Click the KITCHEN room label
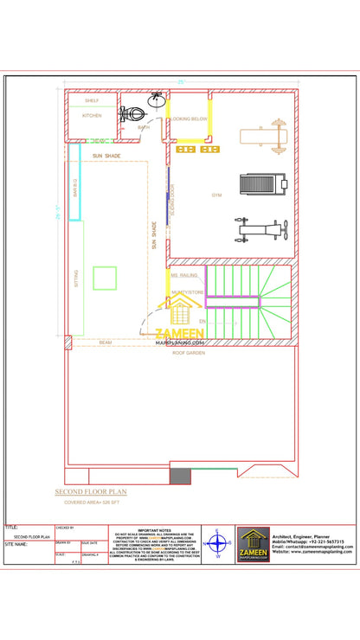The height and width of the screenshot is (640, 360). (92, 115)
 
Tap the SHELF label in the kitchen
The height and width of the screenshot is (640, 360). (91, 99)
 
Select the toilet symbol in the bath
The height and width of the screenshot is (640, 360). (131, 112)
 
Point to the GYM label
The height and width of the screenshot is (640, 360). (216, 195)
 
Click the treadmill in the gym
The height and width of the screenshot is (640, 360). (261, 184)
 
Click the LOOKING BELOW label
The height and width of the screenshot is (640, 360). (189, 118)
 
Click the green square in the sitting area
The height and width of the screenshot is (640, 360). (105, 278)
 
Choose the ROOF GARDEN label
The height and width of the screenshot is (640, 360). (188, 353)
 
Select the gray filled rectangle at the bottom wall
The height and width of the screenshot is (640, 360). (180, 476)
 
